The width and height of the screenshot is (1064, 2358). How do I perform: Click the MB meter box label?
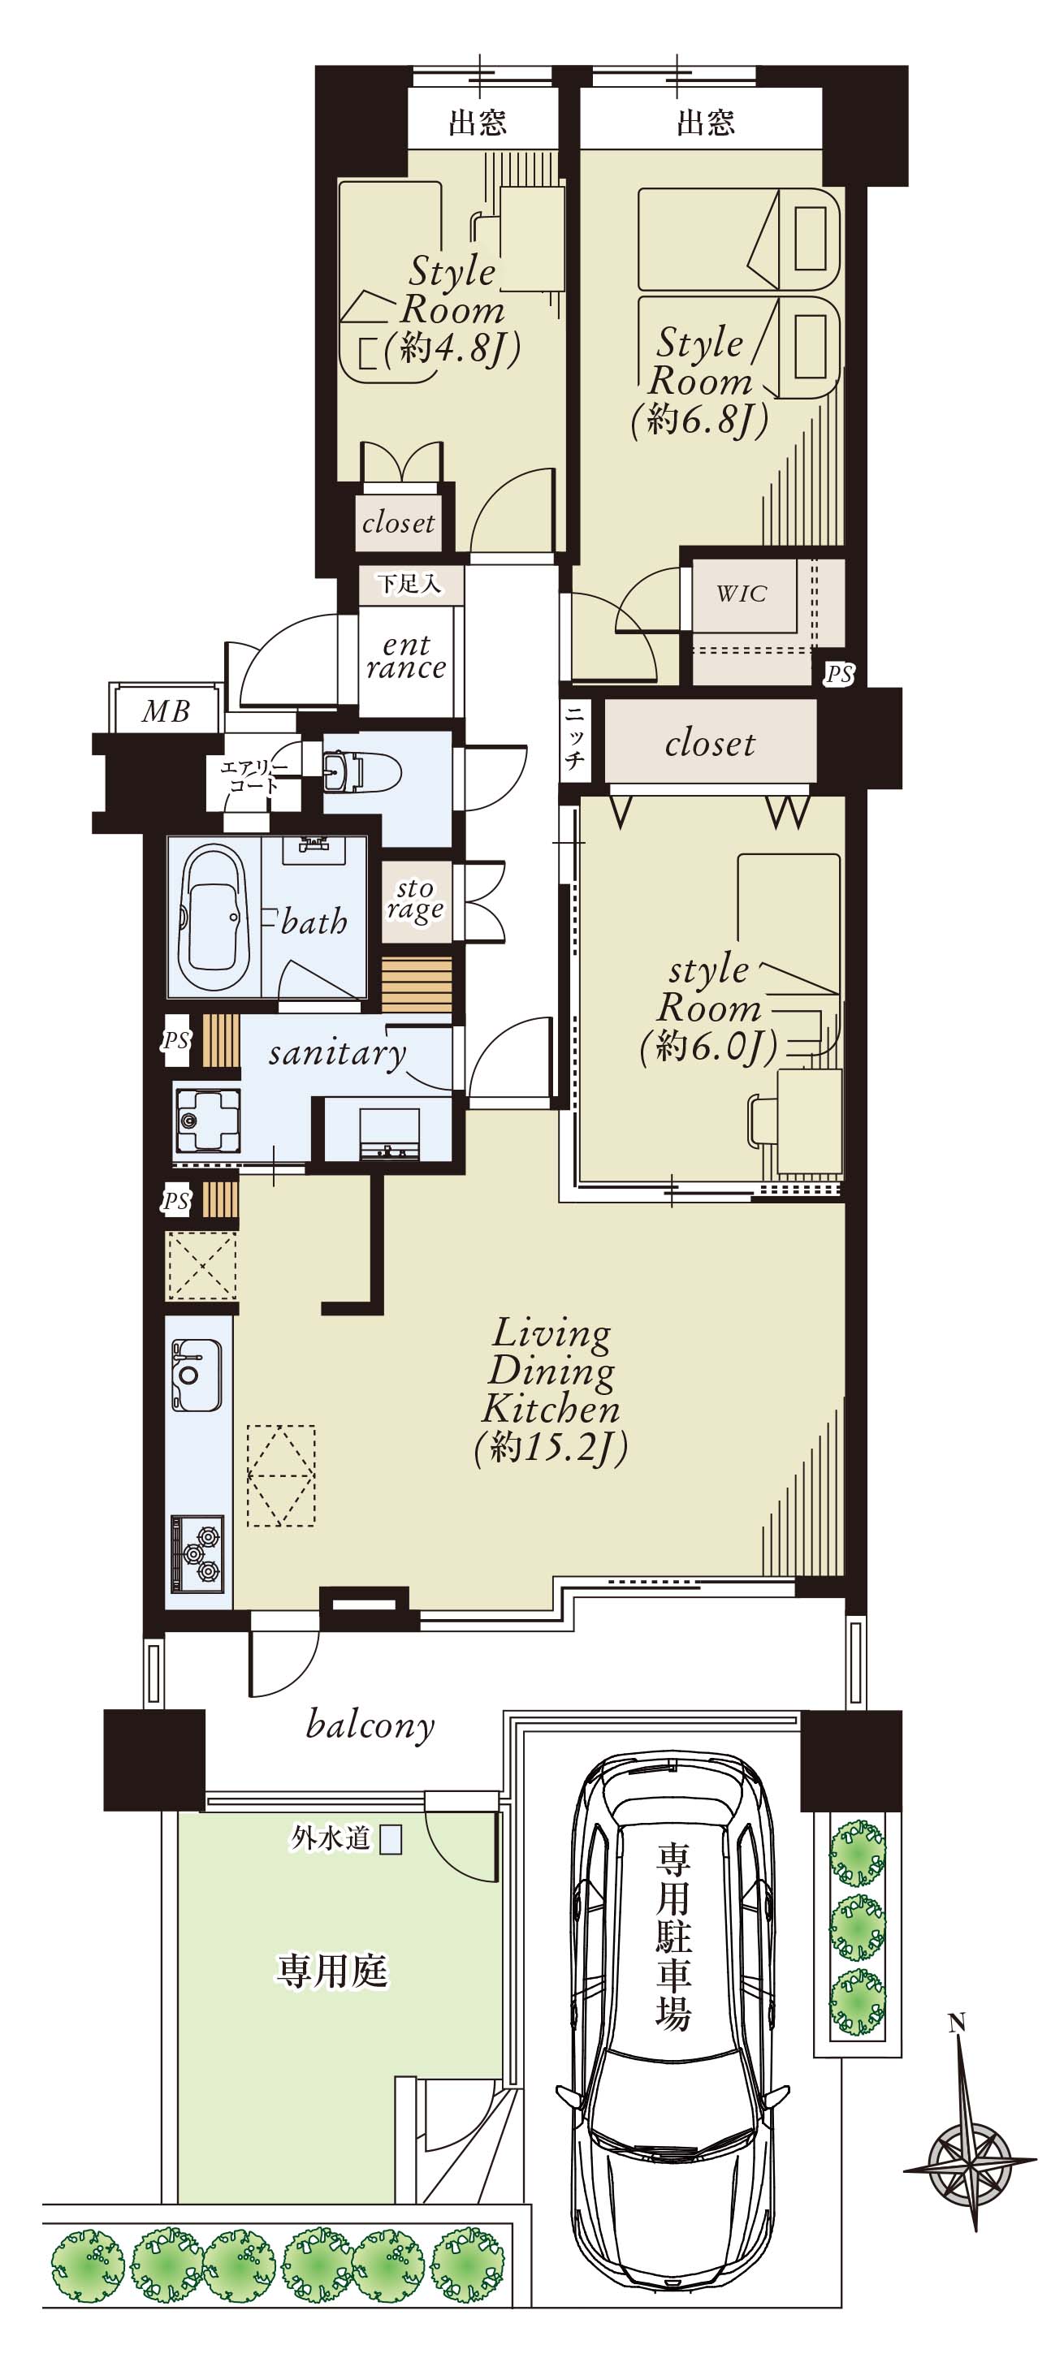[166, 710]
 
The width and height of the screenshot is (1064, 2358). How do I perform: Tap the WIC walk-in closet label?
[742, 594]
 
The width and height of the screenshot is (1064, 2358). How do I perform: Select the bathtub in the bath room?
[214, 915]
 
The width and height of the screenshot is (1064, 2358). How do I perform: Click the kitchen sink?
[196, 1375]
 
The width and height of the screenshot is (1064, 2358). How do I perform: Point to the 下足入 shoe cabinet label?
[409, 582]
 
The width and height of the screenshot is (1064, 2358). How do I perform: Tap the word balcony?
[370, 1725]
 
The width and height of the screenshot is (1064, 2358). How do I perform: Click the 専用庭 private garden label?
[332, 1971]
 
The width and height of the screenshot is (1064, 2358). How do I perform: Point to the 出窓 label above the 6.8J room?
[705, 122]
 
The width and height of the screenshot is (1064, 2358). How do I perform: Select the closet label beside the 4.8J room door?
[398, 523]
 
